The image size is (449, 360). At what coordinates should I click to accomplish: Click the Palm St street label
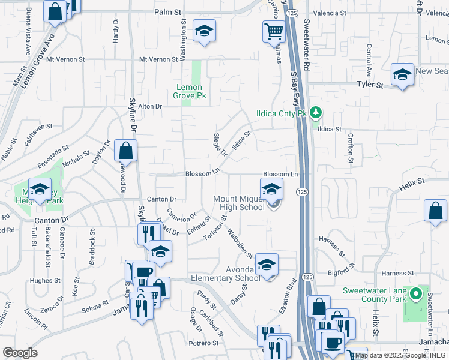point(167,12)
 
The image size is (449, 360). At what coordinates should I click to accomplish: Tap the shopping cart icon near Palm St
point(274,31)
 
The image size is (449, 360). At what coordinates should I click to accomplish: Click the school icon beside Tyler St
point(402,75)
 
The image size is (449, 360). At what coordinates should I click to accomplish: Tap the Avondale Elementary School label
point(225,274)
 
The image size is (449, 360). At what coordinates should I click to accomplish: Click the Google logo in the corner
point(20,353)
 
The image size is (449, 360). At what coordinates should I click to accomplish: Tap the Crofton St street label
point(351,148)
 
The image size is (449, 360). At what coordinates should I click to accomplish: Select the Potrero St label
point(203,343)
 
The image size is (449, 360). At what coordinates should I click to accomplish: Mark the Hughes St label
point(41,280)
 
